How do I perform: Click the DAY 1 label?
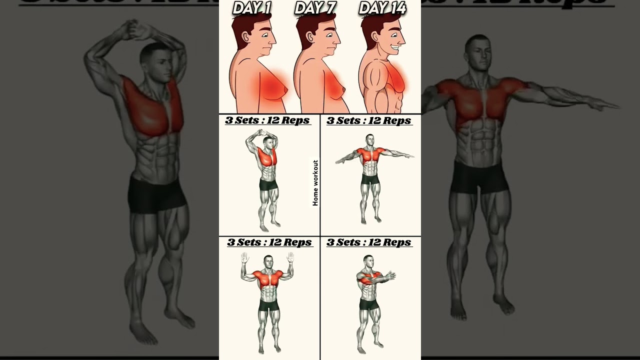[252, 8]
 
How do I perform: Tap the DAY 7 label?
[315, 8]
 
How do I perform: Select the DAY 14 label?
[383, 8]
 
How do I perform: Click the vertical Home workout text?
[315, 183]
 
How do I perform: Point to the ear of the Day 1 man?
[245, 36]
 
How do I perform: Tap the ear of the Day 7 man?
[310, 36]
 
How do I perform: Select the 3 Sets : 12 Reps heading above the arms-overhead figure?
[267, 120]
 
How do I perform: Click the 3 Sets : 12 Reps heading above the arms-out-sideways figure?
[369, 120]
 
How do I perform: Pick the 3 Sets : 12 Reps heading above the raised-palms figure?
[269, 242]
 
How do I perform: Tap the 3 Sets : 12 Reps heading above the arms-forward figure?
[369, 242]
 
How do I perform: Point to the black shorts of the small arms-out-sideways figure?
[370, 179]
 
